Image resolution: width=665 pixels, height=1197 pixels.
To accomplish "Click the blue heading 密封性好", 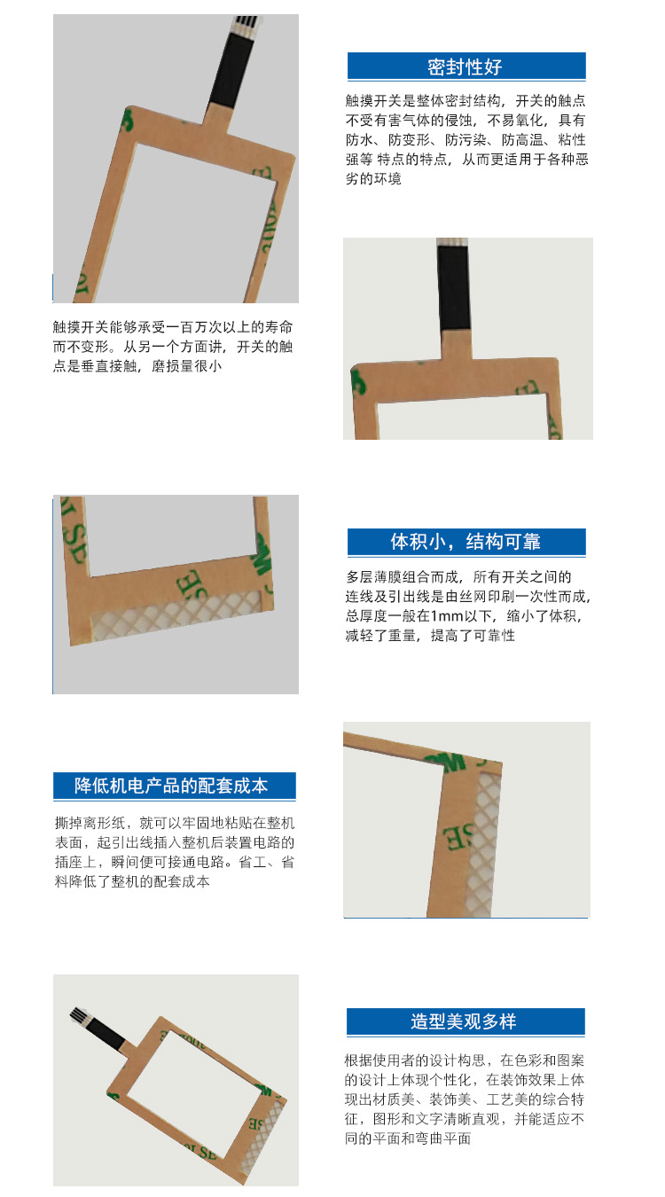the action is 465,67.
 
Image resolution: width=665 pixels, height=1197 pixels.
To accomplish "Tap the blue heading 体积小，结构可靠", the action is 465,542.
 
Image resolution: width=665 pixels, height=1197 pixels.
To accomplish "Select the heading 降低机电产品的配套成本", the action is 171,786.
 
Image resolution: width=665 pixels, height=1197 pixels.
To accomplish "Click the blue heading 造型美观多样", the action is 464,1021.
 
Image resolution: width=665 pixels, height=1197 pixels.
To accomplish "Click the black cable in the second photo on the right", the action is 454,287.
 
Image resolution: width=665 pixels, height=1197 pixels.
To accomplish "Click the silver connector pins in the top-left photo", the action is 246,22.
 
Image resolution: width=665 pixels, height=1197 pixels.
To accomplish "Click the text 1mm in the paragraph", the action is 447,616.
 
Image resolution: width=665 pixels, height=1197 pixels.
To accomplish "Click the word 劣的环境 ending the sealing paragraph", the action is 373,178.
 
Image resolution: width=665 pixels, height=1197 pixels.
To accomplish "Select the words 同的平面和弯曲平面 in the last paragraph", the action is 408,1138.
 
